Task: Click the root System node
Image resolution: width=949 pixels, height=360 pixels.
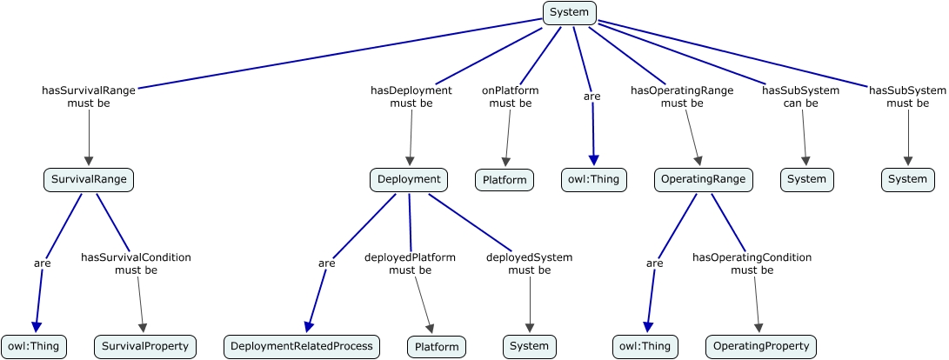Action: pyautogui.click(x=570, y=12)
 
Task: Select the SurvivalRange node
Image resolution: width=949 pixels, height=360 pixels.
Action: pyautogui.click(x=89, y=180)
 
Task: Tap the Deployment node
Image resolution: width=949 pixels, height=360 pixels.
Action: pyautogui.click(x=409, y=180)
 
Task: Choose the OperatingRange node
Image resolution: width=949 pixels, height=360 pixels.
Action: pyautogui.click(x=703, y=180)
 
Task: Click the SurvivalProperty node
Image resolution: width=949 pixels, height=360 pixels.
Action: pyautogui.click(x=145, y=346)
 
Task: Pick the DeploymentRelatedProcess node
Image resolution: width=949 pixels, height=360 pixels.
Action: pyautogui.click(x=302, y=346)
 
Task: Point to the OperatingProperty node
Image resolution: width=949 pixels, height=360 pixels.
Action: pyautogui.click(x=761, y=346)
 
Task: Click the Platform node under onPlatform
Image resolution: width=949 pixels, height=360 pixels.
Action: pyautogui.click(x=505, y=181)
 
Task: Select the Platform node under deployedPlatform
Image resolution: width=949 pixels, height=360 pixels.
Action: pyautogui.click(x=437, y=346)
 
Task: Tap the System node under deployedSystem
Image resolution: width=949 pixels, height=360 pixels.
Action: pyautogui.click(x=530, y=346)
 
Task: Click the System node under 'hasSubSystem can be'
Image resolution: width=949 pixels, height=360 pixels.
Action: pyautogui.click(x=806, y=180)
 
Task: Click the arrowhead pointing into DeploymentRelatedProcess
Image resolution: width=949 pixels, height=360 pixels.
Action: pyautogui.click(x=309, y=326)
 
